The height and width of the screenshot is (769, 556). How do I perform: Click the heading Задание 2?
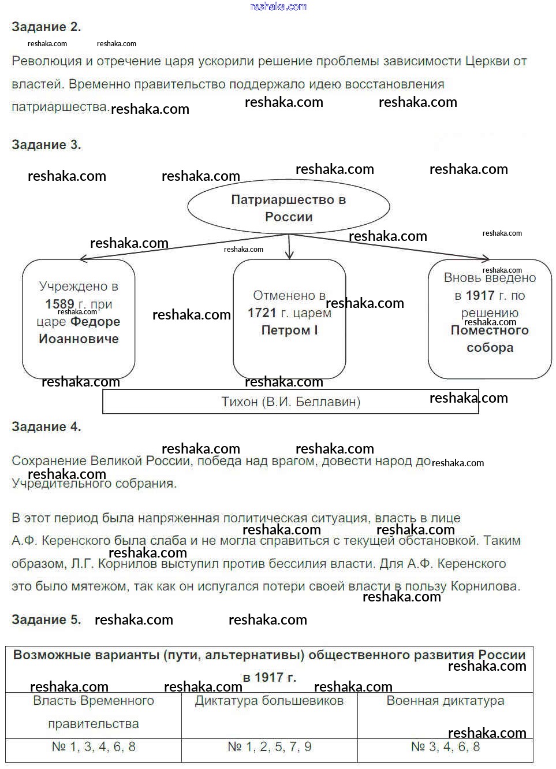click(46, 27)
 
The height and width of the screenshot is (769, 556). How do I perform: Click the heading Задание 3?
click(46, 145)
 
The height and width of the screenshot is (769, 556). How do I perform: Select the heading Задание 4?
click(46, 427)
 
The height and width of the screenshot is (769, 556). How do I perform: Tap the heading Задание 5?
click(46, 620)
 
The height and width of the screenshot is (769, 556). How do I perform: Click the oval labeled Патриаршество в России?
click(289, 208)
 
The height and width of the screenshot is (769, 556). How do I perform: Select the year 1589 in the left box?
click(59, 304)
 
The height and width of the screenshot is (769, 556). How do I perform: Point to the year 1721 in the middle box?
click(262, 313)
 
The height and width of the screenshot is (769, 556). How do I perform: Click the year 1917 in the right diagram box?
click(480, 296)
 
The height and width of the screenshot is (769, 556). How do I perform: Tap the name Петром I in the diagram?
click(289, 330)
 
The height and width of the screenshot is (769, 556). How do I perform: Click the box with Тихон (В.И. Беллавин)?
click(290, 402)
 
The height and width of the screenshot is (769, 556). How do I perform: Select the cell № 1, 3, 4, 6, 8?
click(94, 747)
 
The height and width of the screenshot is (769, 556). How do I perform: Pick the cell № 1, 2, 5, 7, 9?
click(269, 747)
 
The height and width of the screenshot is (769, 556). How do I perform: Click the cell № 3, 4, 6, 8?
click(445, 747)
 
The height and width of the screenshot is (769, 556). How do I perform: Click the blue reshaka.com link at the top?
click(279, 6)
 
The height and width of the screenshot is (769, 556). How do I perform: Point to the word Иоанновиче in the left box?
click(79, 339)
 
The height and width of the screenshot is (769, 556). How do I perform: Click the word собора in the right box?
click(490, 348)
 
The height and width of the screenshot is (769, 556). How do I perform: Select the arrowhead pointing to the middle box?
click(290, 255)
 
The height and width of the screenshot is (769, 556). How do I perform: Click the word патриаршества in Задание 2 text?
click(60, 107)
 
